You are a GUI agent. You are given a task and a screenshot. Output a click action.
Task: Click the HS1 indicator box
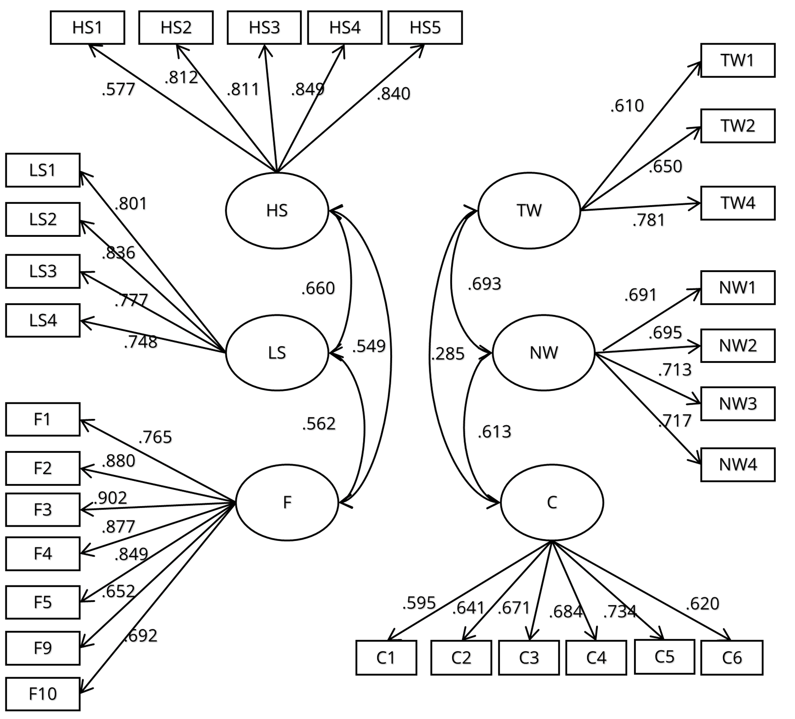point(87,28)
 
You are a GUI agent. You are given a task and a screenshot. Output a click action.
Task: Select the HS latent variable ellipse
point(277,210)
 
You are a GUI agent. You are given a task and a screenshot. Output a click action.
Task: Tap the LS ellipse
point(277,353)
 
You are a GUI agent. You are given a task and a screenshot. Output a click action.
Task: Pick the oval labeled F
point(287,502)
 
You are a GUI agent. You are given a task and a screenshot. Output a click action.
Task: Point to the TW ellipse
point(529,210)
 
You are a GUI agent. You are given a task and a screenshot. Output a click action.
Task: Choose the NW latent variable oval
point(543,353)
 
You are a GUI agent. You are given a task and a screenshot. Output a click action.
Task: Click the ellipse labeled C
point(552,502)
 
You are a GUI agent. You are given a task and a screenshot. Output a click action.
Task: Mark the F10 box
point(43,694)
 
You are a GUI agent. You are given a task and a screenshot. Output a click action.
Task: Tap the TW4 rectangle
point(738,203)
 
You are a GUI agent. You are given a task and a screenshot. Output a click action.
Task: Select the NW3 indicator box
point(738,404)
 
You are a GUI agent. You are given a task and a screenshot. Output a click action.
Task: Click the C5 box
point(664,657)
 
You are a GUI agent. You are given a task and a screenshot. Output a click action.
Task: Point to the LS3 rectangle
point(43,271)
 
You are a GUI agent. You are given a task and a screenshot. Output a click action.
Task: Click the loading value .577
point(118,89)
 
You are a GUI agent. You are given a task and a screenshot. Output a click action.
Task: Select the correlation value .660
point(318,288)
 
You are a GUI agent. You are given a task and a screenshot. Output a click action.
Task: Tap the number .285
point(448,354)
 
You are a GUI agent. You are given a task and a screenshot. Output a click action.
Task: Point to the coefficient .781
point(649,220)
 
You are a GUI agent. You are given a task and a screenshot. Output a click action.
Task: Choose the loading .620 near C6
point(702,604)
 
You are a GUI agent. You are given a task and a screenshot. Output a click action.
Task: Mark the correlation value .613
point(494,432)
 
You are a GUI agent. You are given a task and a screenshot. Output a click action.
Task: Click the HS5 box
point(425,28)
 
